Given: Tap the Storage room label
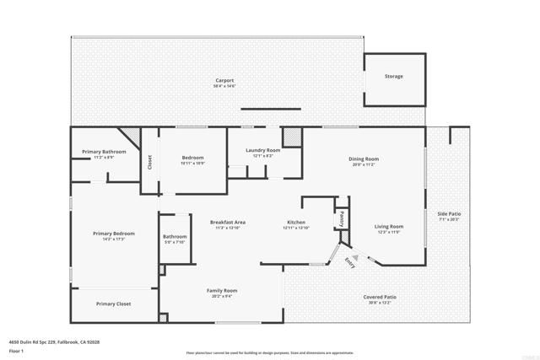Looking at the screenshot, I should coord(393,76).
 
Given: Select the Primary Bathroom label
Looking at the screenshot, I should coord(104,152).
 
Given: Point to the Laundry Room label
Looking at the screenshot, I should coord(262,150).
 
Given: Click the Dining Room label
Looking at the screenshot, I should coord(364,159).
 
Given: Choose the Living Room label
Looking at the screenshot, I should coord(389,226).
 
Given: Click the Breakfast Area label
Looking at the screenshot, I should coord(228,222).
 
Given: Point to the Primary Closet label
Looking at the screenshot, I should coord(113,304).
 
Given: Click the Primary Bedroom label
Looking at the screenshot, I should coord(113,234).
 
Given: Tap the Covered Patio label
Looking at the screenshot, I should coord(379,297).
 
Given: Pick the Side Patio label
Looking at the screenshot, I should coord(449,214).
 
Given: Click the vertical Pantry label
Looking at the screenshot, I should coord(342,218).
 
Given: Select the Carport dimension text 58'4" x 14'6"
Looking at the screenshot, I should coord(224,86).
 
